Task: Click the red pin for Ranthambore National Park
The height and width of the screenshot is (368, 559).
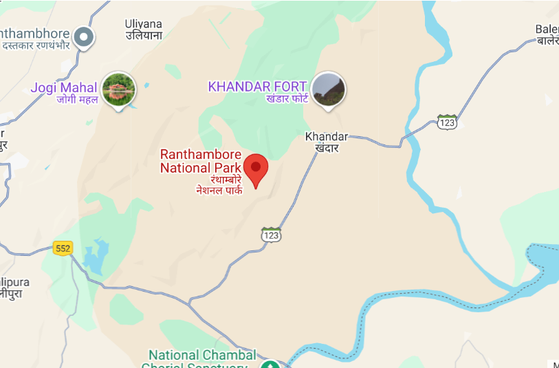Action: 256,169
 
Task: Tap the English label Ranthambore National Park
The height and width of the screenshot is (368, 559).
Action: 201,161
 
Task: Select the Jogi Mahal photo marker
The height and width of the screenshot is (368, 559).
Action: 118,89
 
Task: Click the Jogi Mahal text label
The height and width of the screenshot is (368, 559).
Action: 64,88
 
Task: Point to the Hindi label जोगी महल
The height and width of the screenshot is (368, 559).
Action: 77,100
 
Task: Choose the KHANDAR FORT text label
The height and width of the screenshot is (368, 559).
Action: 257,87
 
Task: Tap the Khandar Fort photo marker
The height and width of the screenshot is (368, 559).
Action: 328,89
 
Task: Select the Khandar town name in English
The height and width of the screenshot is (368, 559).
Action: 327,137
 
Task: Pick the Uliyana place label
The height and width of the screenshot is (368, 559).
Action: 144,23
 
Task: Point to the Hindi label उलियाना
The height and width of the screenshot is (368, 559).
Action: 144,35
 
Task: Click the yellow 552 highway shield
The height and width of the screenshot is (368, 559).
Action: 63,248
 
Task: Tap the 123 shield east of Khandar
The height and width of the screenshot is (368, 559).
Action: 447,122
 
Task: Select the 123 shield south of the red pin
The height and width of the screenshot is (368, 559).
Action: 271,235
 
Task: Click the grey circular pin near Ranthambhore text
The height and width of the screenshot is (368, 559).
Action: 84,37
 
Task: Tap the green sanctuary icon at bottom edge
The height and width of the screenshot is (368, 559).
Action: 270,364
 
